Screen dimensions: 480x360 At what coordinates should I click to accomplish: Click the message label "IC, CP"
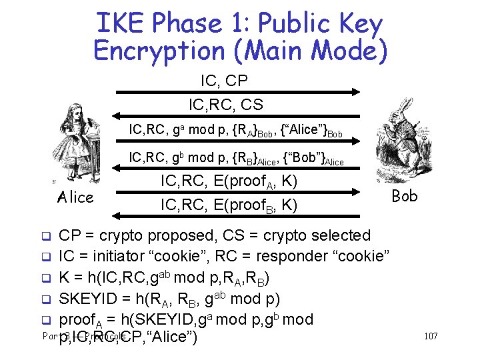pyautogui.click(x=224, y=81)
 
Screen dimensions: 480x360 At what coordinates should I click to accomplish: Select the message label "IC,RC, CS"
pyautogui.click(x=225, y=105)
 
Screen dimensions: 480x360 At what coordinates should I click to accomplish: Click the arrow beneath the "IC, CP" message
pyautogui.click(x=237, y=92)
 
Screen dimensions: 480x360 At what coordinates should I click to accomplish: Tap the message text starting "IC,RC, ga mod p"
pyautogui.click(x=235, y=130)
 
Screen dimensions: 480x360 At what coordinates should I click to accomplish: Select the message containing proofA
pyautogui.click(x=229, y=181)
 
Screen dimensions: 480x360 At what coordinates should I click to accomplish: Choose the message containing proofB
pyautogui.click(x=229, y=205)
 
